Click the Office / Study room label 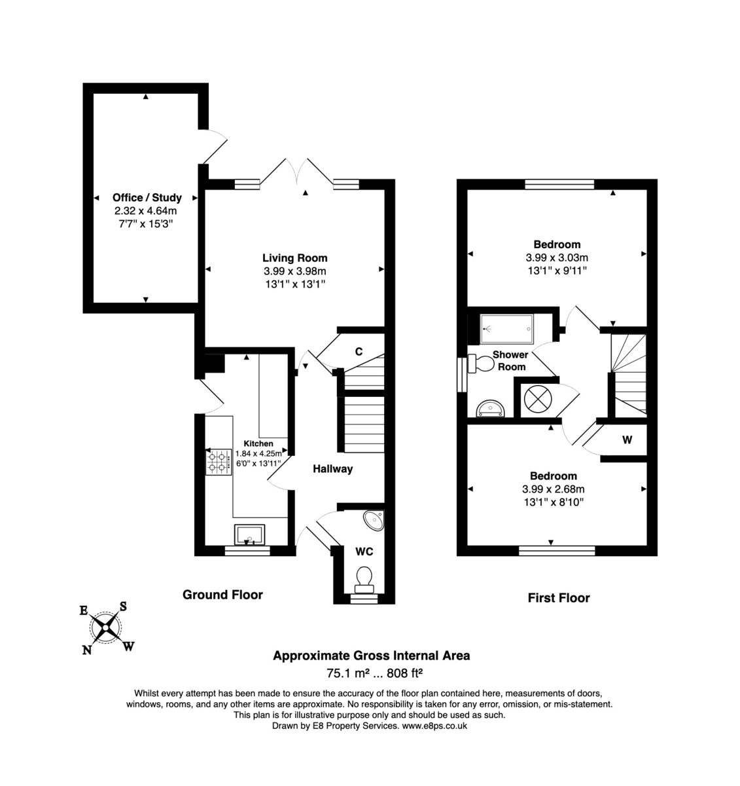pos(147,197)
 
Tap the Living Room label pos(294,257)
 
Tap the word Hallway pos(332,468)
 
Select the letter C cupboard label pos(359,352)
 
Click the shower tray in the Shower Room pos(507,329)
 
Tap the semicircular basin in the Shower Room pos(491,409)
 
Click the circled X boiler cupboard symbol pos(538,398)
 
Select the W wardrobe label pos(627,440)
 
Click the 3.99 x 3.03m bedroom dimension pos(556,257)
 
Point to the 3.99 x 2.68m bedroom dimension pos(553,489)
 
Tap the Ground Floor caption pos(222,595)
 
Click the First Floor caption pos(559,597)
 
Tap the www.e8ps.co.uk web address pos(434,726)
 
